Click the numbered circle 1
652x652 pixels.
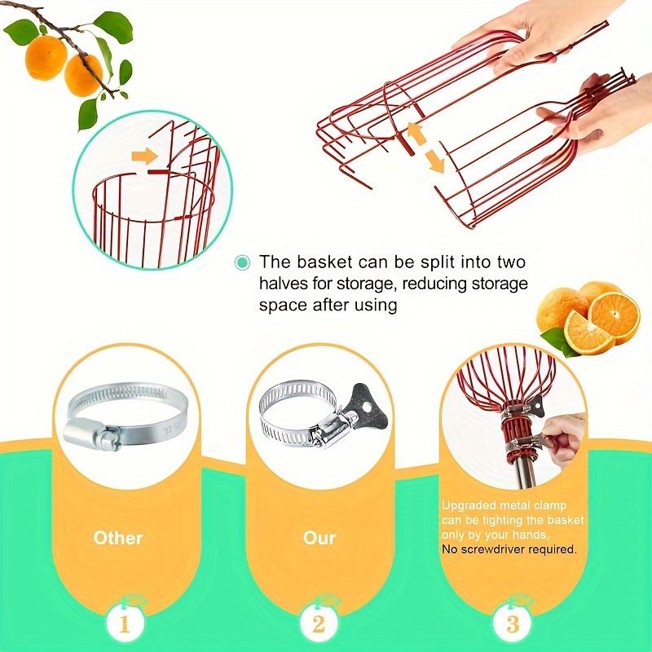pos(125,623)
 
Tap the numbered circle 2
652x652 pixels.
pos(319,623)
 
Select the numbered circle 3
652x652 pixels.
pos(513,623)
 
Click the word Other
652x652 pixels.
pos(118,538)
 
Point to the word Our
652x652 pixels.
pos(319,538)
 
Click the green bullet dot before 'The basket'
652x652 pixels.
pos(242,262)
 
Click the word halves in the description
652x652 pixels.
pos(283,284)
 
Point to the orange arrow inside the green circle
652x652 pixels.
pos(144,156)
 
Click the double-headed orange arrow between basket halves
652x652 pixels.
pos(425,148)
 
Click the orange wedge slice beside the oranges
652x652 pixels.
pos(589,333)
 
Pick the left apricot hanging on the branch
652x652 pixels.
pos(46,57)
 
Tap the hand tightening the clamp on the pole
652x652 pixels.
pos(564,441)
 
